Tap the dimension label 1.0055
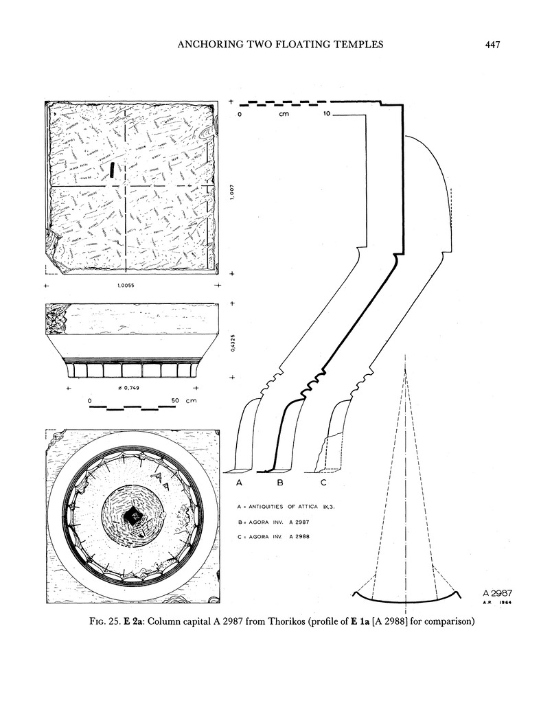[x=130, y=286]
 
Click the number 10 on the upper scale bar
[x=327, y=114]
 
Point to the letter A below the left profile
[x=240, y=484]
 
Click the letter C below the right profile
[x=323, y=484]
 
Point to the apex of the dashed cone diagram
[x=406, y=370]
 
